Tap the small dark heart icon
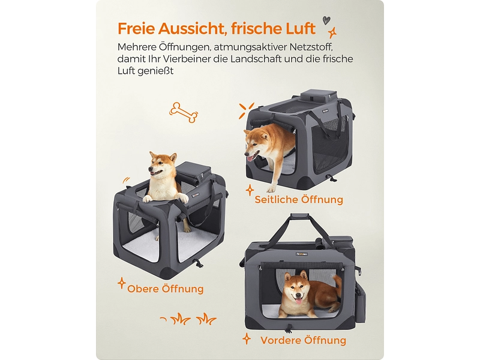pyautogui.click(x=326, y=20)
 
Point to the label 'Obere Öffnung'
pyautogui.click(x=165, y=289)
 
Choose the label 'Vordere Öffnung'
pyautogui.click(x=303, y=340)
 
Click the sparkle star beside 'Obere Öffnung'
pyautogui.click(x=122, y=283)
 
